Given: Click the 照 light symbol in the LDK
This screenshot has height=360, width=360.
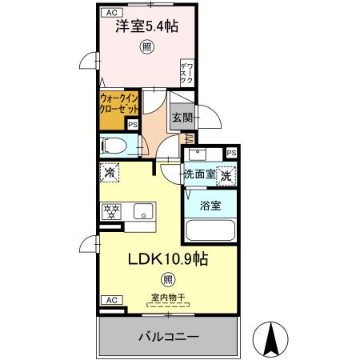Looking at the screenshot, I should tap(167, 279).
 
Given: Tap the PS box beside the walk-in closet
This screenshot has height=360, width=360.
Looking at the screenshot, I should tap(133, 125).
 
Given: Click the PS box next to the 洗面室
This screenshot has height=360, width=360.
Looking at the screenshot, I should tap(231, 153).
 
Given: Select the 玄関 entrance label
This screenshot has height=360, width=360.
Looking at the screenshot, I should tap(181, 116).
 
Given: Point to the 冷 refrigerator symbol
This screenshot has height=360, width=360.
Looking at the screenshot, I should tap(110, 171).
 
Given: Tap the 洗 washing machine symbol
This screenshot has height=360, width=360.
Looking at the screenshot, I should tap(227, 174).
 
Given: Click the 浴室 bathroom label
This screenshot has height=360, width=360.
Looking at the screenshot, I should tap(210, 205).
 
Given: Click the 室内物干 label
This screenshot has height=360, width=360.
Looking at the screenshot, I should tap(166, 300).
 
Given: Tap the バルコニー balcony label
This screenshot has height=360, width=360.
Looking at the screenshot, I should tap(167, 336).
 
